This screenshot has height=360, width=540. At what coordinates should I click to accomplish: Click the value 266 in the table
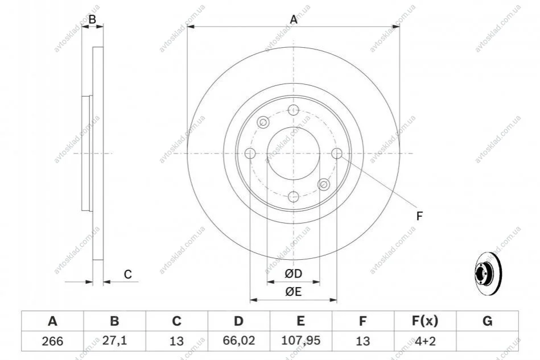tap(52, 341)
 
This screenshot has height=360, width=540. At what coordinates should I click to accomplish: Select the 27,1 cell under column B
tap(115, 341)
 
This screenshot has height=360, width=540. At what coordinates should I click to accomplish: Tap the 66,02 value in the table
tap(238, 341)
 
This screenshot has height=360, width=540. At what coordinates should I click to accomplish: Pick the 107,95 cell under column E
tap(300, 341)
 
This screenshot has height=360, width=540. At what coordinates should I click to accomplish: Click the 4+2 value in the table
tap(425, 341)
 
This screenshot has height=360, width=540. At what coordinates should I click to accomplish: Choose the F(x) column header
tap(425, 321)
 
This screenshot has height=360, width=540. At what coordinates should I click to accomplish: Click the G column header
tap(487, 321)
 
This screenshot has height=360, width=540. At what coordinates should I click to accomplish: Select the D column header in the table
tap(238, 321)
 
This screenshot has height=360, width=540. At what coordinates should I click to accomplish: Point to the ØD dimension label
tap(294, 274)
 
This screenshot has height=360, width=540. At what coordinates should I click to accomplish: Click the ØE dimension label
tap(294, 292)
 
